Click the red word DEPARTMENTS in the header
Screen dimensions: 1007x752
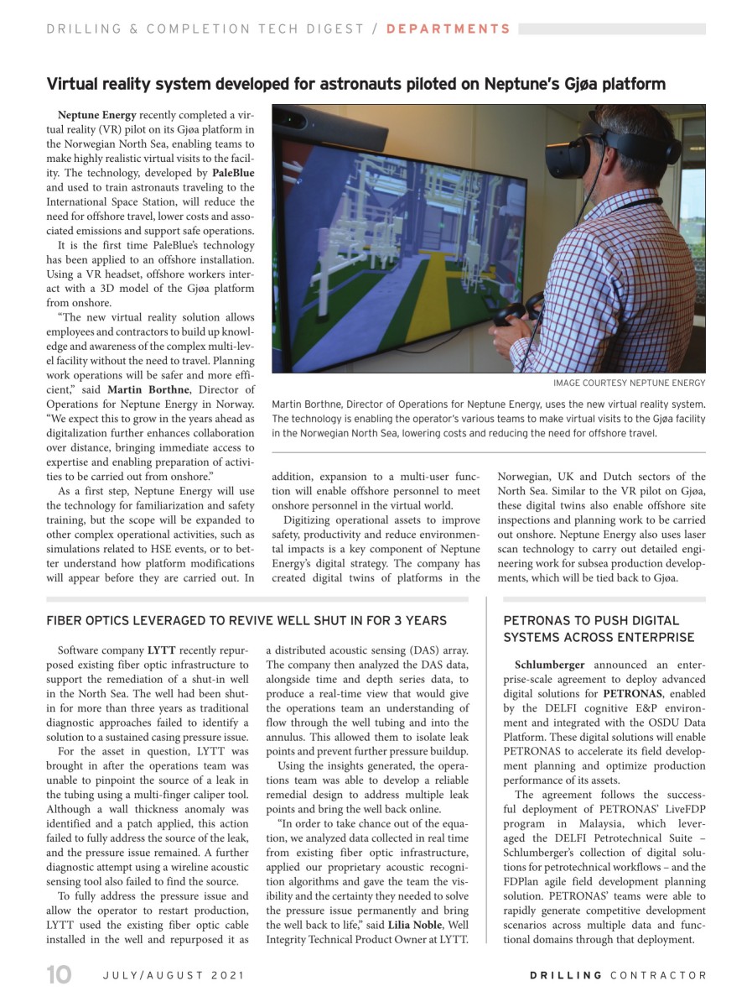448,29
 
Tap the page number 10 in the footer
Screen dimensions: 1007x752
59,975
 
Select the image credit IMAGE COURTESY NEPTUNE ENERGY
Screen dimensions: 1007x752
629,383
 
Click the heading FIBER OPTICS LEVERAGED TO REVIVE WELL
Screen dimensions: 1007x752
246,620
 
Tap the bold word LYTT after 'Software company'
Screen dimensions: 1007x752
161,650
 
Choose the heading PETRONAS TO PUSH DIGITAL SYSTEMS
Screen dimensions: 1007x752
599,629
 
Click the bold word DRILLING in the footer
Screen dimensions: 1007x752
566,975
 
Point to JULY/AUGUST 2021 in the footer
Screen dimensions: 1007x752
173,975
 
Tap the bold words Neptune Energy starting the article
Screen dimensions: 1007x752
97,114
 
